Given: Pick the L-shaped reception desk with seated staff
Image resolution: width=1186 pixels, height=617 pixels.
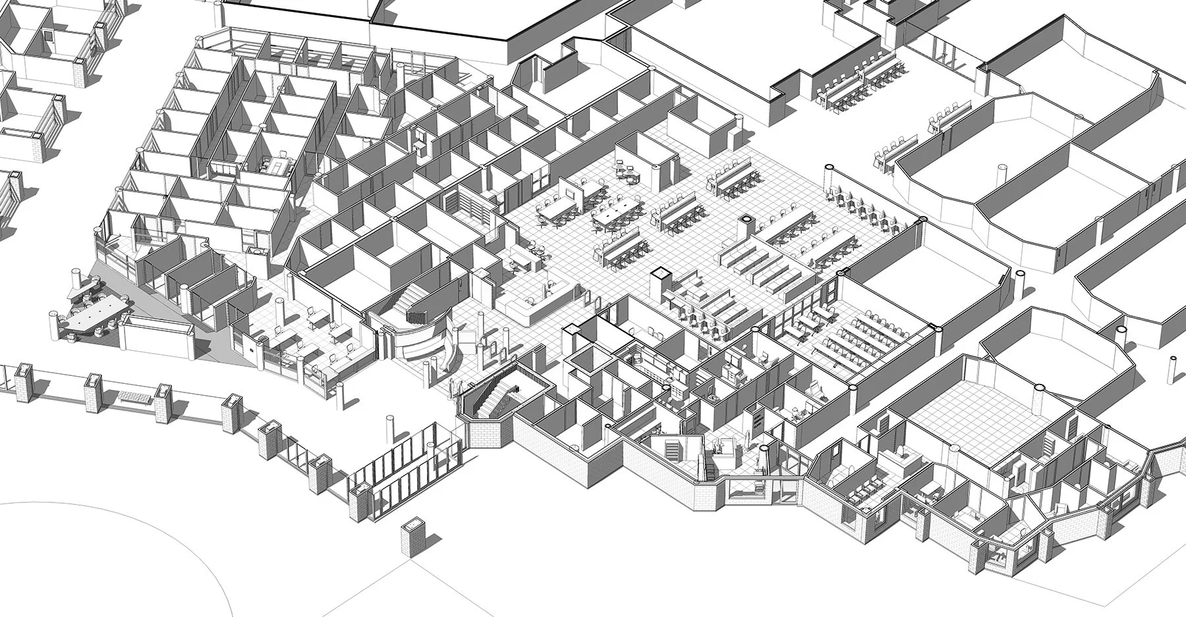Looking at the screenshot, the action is [530, 304].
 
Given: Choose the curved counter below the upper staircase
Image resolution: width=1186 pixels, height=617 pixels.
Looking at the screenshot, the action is [422, 342].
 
